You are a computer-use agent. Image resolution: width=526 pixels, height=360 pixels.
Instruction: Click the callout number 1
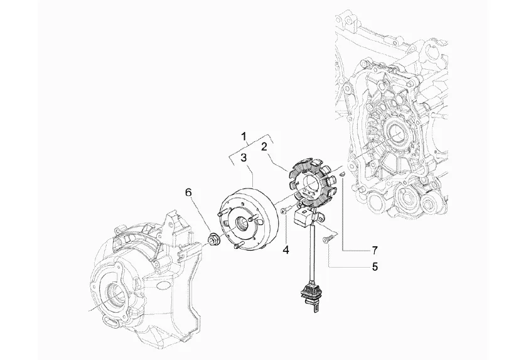coord(245,135)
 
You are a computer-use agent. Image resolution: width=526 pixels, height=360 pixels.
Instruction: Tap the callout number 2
coord(264,146)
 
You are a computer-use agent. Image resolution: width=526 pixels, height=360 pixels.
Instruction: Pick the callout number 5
coord(375,266)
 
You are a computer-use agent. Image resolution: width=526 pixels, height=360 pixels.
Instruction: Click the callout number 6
coord(187,192)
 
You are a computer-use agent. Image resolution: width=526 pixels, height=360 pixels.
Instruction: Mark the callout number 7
coord(375,249)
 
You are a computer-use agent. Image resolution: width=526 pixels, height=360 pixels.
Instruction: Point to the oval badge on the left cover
coord(164,284)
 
